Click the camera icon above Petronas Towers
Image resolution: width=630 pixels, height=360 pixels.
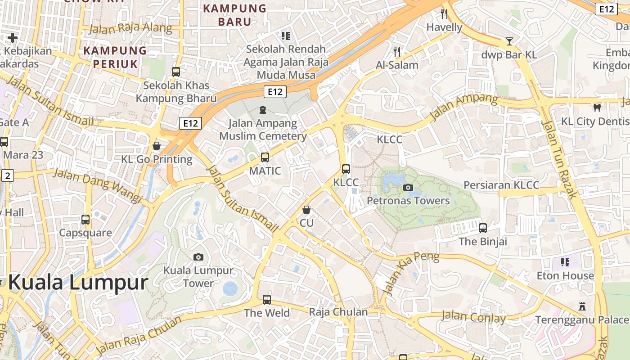pos(408,187)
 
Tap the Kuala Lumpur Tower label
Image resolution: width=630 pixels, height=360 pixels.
pos(198,277)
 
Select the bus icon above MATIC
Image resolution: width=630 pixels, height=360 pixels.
pos(265,157)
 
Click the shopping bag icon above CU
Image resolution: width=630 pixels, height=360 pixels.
pos(306,210)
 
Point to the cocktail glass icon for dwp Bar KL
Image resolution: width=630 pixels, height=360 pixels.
pos(509,41)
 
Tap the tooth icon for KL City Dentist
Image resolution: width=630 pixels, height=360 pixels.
pos(597,108)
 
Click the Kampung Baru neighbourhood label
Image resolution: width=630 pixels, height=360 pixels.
pos(234,15)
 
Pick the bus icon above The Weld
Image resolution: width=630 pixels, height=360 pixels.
pos(267,299)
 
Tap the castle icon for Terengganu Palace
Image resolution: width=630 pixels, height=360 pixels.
pos(582,307)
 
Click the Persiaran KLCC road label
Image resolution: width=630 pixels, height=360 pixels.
pos(501,185)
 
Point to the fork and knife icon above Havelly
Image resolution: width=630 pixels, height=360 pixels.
pos(444,14)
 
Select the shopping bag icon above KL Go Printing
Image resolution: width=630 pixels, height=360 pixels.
pos(157,146)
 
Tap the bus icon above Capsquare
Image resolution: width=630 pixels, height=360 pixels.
pos(85,220)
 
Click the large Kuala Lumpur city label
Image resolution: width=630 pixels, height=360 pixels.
pos(78,283)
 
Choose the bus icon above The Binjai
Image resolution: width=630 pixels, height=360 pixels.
pos(483,228)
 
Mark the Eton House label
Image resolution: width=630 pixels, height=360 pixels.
pos(565,275)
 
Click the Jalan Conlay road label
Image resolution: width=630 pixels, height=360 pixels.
pos(473,317)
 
